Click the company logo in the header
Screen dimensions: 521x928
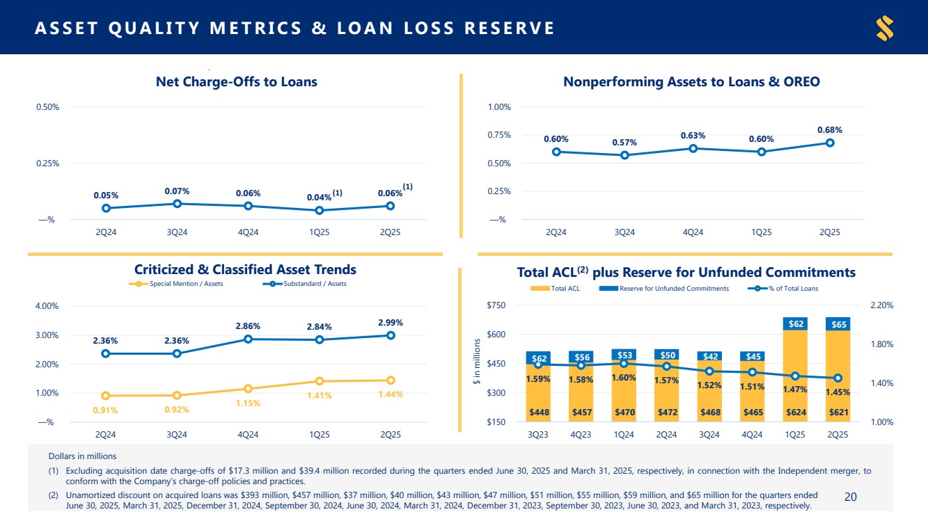tap(884, 28)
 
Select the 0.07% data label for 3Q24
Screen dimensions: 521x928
tap(177, 191)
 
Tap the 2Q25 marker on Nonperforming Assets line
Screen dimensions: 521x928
tap(830, 143)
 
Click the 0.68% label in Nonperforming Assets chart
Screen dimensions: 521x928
tap(830, 129)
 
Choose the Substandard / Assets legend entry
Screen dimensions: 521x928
tap(304, 284)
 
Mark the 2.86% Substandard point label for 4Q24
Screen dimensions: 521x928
tap(248, 326)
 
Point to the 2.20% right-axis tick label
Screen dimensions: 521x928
tap(881, 305)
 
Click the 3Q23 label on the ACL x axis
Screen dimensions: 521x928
tap(537, 435)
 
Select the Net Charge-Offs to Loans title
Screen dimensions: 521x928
tap(236, 82)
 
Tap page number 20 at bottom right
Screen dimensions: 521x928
tap(850, 496)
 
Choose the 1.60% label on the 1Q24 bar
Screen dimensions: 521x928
tap(623, 378)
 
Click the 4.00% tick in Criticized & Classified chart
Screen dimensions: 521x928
tap(47, 306)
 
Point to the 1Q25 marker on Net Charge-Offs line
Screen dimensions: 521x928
tap(319, 210)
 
